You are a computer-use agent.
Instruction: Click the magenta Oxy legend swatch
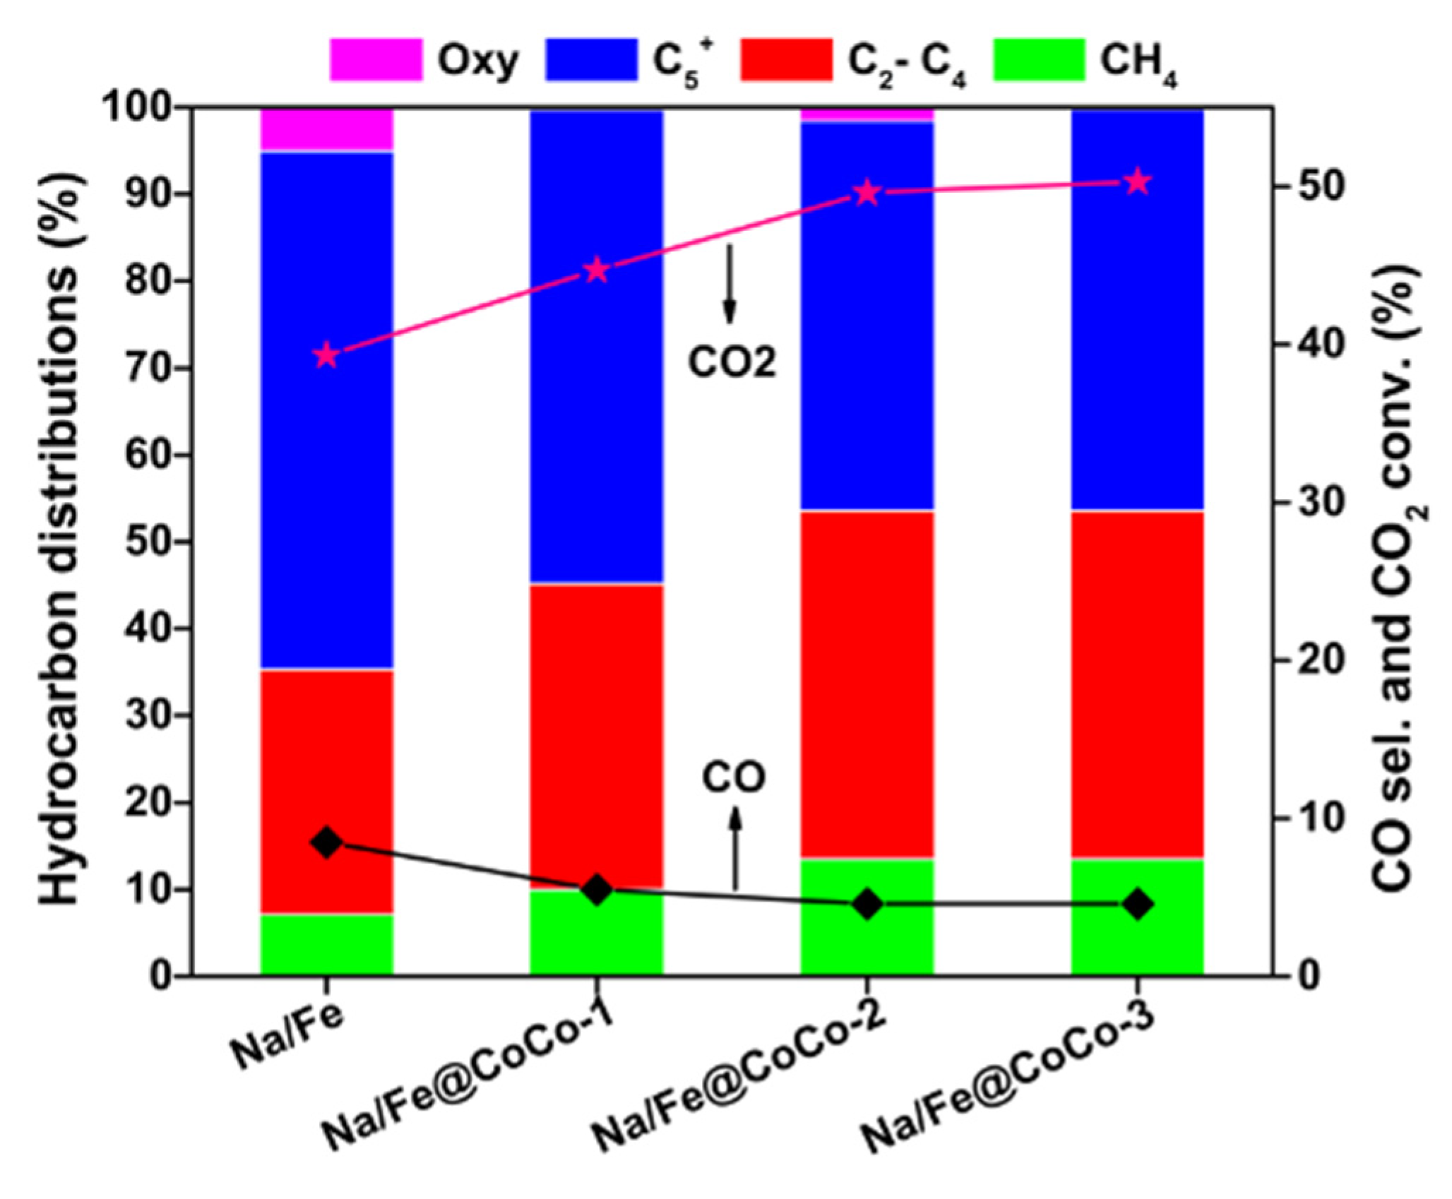[x=376, y=60]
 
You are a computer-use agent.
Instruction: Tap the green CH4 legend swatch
[x=1038, y=60]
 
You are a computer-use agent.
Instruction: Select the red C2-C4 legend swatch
[x=786, y=60]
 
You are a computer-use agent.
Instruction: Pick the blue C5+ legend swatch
[x=591, y=60]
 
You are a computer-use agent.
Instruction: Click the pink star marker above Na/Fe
[x=326, y=356]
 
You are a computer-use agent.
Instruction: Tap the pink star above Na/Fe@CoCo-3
[x=1138, y=182]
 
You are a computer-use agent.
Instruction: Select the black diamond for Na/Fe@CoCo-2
[x=868, y=904]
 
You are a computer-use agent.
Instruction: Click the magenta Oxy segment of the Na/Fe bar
[x=326, y=130]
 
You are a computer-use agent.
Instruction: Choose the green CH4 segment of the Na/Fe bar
[x=326, y=945]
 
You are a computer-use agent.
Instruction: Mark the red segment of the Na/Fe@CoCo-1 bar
[x=597, y=734]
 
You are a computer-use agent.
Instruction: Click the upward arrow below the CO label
[x=735, y=851]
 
